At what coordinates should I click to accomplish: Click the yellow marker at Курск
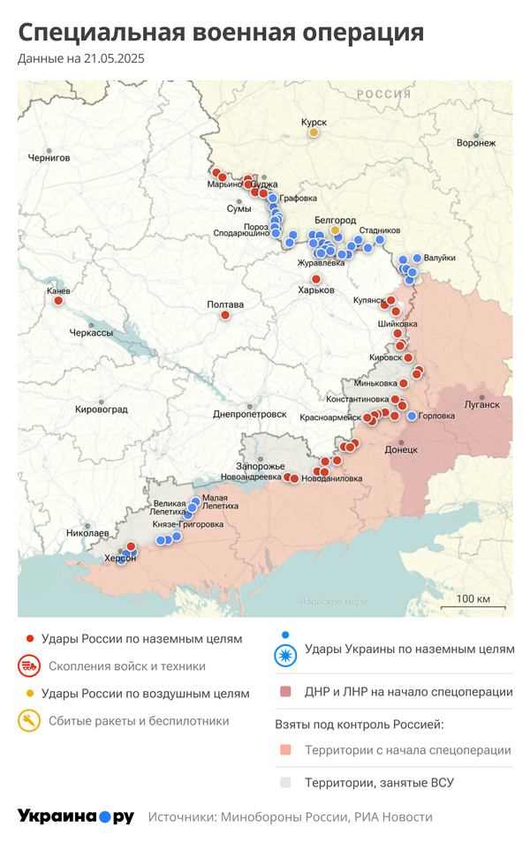pos(314,132)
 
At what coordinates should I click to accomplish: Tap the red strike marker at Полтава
pos(225,315)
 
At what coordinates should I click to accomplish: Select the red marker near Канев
pos(58,301)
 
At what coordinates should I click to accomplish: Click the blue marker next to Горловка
pos(412,416)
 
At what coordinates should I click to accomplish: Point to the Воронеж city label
pos(476,143)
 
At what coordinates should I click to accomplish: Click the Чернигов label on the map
pos(49,158)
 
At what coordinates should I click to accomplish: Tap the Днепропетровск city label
pos(250,414)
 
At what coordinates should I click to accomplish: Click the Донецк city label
pos(401,449)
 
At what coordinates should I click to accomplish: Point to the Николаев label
pos(87,534)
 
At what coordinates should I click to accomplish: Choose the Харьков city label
pos(316,289)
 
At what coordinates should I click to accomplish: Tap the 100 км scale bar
pos(480,605)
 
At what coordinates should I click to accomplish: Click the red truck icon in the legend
pos(29,666)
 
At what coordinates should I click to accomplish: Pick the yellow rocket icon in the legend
pos(29,721)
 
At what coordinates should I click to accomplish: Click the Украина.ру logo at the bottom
pos(75,816)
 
